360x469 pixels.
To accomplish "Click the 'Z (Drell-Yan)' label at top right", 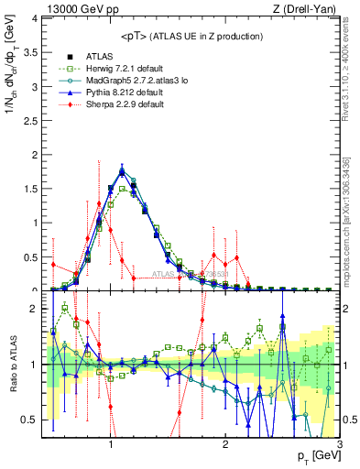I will (x=308, y=8).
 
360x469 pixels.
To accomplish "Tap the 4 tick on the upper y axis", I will (x=35, y=18).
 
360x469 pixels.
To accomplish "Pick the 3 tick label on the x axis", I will (x=339, y=444).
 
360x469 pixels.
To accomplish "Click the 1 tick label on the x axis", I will (x=110, y=444).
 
